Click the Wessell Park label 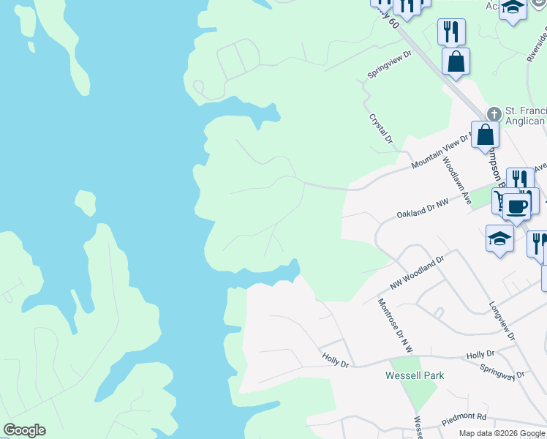[x=415, y=375]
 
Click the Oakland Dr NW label [x=421, y=211]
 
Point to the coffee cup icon [x=516, y=206]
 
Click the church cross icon [x=494, y=114]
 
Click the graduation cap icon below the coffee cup [x=499, y=239]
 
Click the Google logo [x=24, y=430]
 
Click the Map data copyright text [x=502, y=433]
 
